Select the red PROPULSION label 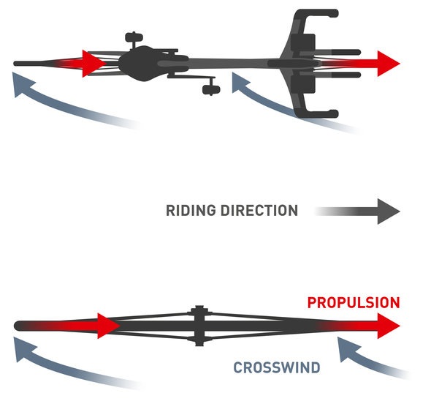(x=354, y=303)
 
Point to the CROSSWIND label (x=277, y=367)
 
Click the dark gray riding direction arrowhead (x=389, y=212)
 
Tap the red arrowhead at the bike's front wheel (x=389, y=64)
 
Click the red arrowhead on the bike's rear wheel (x=94, y=64)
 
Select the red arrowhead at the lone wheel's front (x=389, y=326)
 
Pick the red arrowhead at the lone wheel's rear (x=109, y=326)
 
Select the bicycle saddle (x=137, y=64)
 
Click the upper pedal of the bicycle (x=134, y=37)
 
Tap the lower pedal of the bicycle (x=211, y=90)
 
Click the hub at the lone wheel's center (x=199, y=326)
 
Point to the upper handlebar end (x=334, y=13)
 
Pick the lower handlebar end (x=334, y=113)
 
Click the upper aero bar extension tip (x=358, y=52)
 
